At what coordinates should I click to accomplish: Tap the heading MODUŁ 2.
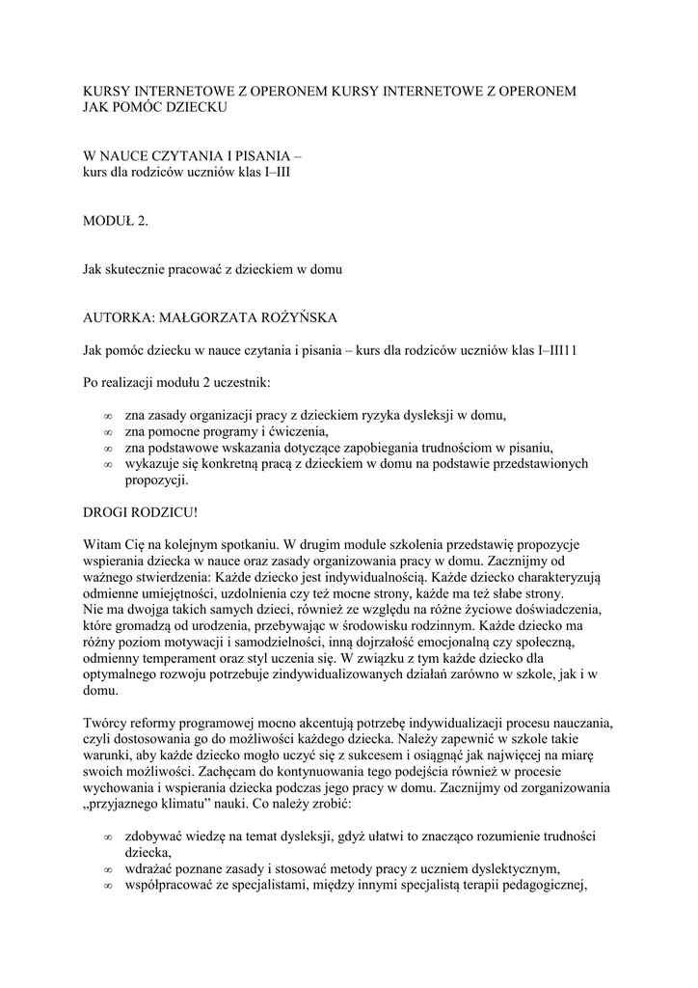[116, 221]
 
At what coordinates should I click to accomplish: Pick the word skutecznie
[137, 269]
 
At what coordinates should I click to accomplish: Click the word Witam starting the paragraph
[102, 545]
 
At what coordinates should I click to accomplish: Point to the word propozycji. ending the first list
[158, 480]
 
